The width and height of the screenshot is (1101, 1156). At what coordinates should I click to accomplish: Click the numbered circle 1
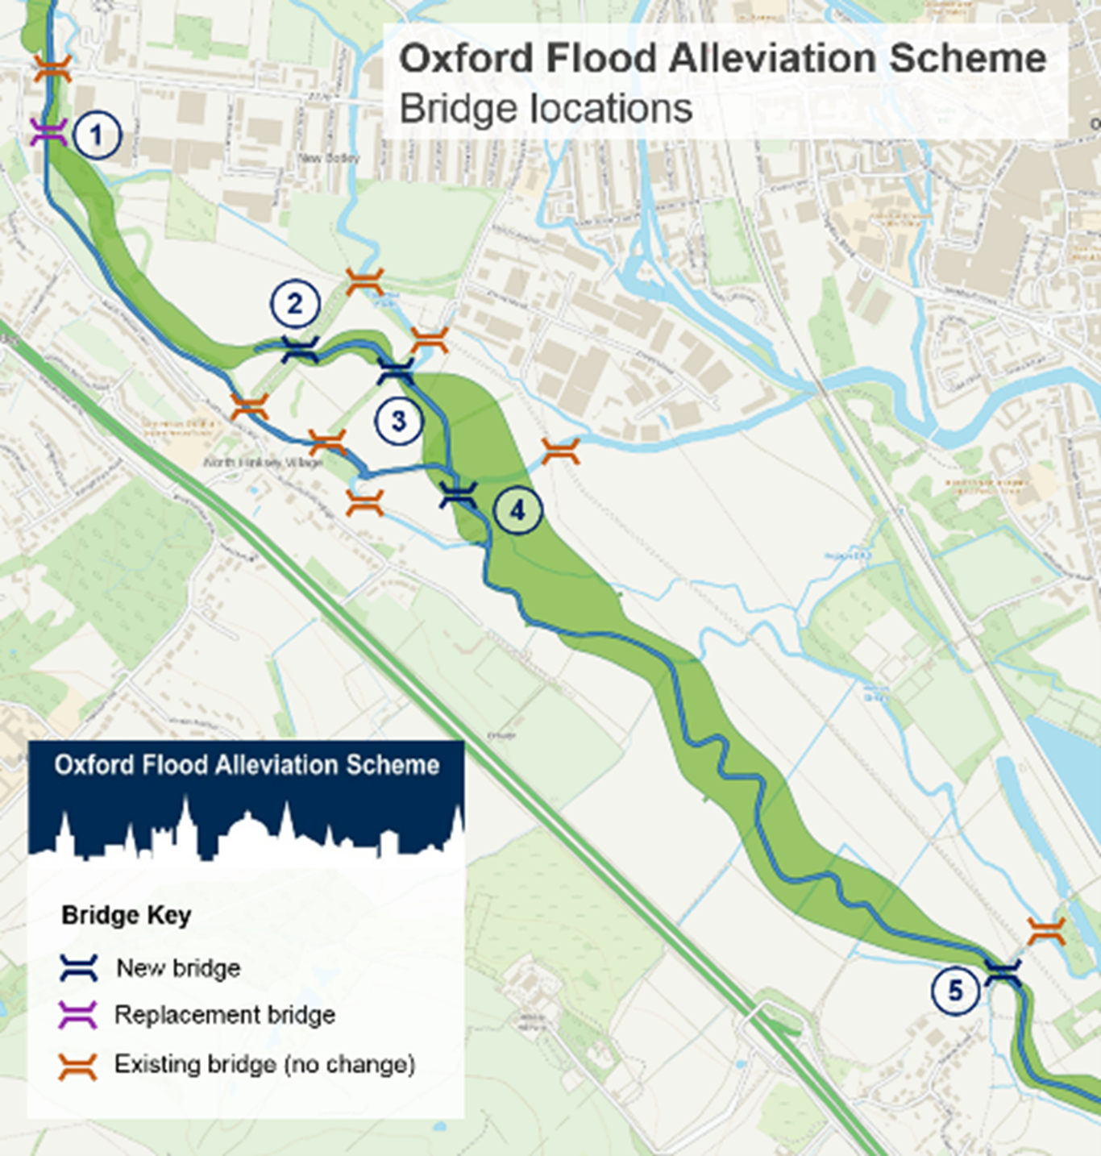pos(97,135)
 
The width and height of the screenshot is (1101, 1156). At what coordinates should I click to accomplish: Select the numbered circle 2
pos(295,304)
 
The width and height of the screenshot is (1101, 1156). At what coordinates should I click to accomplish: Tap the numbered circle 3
pos(398,420)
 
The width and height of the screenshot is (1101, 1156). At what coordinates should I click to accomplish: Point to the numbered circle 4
pos(517,509)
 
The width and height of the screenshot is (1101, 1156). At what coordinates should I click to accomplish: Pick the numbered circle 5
pos(955,990)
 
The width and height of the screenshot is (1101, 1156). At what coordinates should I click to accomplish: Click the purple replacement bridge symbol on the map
pos(48,132)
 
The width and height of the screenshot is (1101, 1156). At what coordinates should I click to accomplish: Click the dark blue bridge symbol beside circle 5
pos(1003,972)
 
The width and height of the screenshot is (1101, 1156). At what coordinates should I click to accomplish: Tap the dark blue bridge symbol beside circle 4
pos(459,495)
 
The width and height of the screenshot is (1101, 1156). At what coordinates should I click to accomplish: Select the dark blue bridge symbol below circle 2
pos(301,349)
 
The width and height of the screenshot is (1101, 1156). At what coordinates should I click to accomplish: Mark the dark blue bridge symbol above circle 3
pos(396,372)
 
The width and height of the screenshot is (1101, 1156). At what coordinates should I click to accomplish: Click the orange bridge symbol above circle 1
pos(52,69)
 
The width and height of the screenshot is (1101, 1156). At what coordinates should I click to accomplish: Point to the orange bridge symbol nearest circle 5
pos(1047,931)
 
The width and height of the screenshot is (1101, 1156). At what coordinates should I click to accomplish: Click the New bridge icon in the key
pos(79,967)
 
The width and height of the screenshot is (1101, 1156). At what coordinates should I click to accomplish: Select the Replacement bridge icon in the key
pos(79,1015)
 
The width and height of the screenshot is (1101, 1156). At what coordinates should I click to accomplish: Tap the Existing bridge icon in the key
pos(78,1066)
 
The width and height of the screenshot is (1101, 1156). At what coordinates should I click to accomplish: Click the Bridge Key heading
pos(127,916)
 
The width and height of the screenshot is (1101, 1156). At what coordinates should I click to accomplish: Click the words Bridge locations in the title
pos(546,109)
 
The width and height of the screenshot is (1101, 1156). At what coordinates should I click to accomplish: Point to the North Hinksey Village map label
pos(263,463)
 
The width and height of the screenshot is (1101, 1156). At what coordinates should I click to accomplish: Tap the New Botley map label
pos(329,158)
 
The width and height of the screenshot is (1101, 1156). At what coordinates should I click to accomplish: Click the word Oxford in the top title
pos(466,59)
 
